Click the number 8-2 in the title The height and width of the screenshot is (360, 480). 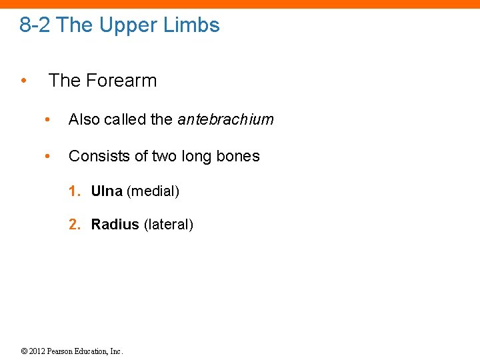pos(35,25)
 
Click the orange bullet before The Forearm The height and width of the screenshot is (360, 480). pos(23,81)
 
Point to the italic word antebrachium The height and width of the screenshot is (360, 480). pos(225,119)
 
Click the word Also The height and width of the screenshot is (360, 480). pos(83,119)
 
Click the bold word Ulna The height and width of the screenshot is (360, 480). pos(107,191)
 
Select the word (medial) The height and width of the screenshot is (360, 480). pos(153,191)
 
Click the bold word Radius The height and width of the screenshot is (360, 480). pos(115,225)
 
